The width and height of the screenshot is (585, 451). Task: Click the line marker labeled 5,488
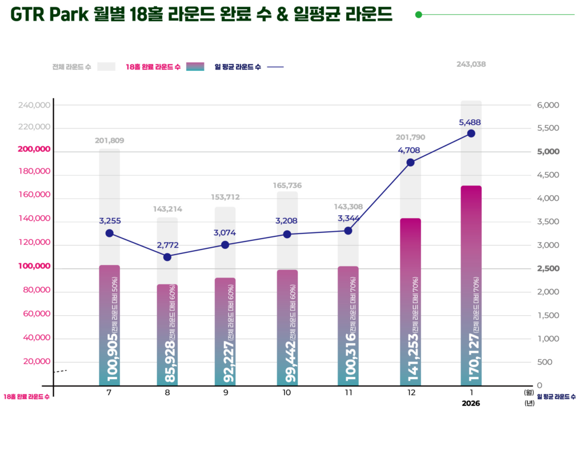(471, 133)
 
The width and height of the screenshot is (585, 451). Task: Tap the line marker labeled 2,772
(167, 257)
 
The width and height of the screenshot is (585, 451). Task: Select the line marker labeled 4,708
(410, 162)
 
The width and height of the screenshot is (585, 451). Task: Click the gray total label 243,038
(471, 65)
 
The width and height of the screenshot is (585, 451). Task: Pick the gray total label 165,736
(287, 186)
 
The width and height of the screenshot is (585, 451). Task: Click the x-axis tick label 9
(226, 393)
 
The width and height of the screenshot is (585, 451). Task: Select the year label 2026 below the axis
(471, 403)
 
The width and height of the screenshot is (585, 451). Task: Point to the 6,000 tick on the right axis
(548, 106)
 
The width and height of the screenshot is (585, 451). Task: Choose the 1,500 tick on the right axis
(548, 315)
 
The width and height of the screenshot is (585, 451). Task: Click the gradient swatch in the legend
(195, 67)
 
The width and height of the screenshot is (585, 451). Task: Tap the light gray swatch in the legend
(106, 67)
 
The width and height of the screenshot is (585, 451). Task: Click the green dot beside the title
(418, 15)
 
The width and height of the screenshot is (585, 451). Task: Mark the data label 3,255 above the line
(110, 221)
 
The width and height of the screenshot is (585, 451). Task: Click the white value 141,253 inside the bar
(411, 357)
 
